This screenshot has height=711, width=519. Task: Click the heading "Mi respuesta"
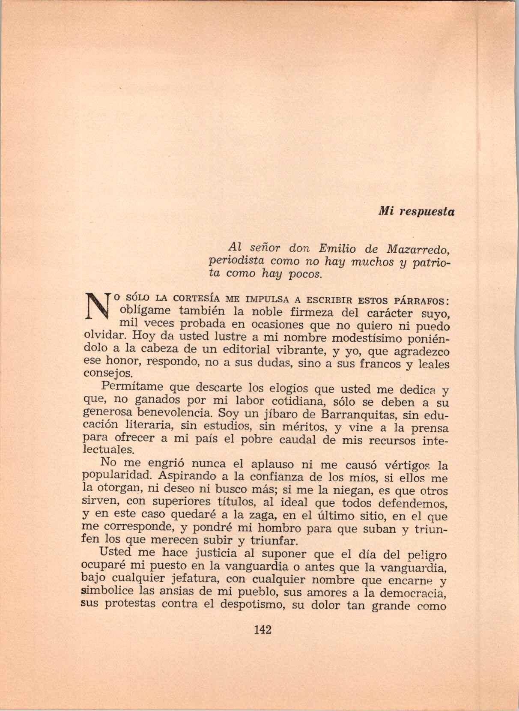416,212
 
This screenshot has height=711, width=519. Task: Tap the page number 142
263,630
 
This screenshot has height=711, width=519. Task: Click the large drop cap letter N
98,308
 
